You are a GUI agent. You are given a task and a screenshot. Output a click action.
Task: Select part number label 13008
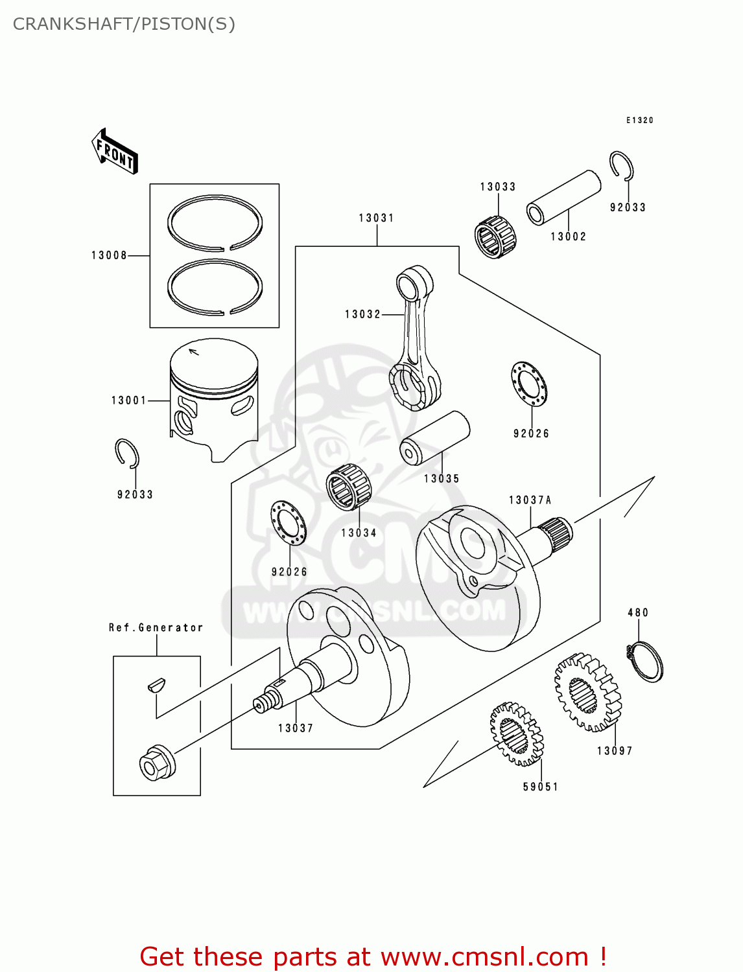(109, 255)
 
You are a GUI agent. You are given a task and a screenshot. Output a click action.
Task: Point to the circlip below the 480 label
(646, 661)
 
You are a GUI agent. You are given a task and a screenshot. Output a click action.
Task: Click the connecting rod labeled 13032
(414, 337)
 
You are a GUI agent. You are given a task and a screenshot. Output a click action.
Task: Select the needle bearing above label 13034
(348, 487)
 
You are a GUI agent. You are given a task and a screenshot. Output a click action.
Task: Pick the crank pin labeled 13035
(434, 437)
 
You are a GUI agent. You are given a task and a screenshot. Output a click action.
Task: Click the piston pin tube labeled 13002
(563, 197)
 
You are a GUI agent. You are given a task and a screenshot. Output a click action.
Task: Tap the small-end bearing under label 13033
(496, 237)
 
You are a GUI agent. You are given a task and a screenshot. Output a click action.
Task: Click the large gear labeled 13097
(587, 692)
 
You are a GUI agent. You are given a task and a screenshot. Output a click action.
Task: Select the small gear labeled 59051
(517, 734)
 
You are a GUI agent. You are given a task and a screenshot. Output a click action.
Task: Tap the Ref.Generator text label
(156, 627)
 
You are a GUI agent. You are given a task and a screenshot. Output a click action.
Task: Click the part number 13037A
(530, 500)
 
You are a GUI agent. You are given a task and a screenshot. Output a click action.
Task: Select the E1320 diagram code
(639, 120)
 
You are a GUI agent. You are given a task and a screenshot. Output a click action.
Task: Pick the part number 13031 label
(377, 218)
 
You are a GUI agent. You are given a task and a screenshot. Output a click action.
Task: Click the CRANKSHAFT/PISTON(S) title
(124, 24)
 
